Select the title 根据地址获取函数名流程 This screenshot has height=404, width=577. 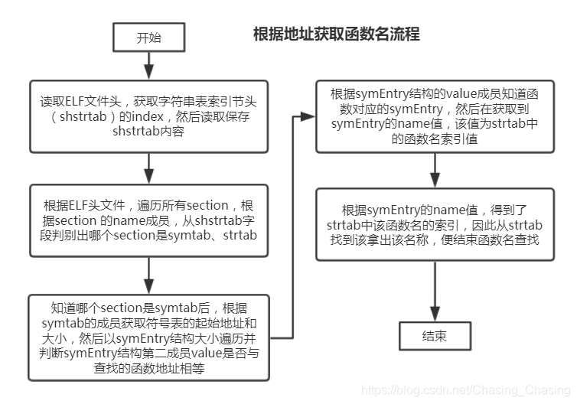click(x=336, y=35)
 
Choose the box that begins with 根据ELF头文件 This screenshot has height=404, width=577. click(x=149, y=219)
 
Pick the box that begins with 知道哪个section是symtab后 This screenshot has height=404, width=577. click(x=149, y=337)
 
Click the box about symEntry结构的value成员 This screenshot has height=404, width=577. click(x=435, y=116)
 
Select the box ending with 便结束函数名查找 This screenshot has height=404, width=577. click(x=435, y=225)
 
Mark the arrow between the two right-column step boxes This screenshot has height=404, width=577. click(x=435, y=170)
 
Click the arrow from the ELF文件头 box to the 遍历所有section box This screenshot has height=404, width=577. click(x=148, y=168)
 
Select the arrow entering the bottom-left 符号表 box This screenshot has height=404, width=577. click(x=148, y=275)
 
